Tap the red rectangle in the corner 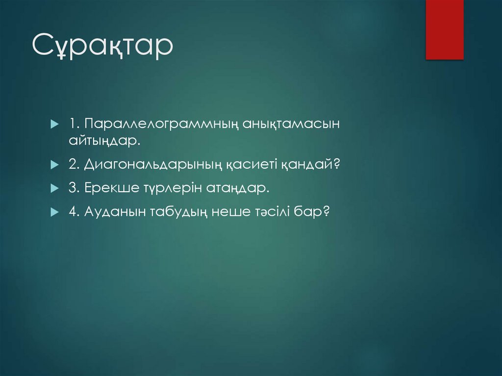pos(444,29)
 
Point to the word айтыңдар pos(104,141)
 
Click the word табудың pos(174,212)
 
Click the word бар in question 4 pos(312,212)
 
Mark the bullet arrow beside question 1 pos(54,124)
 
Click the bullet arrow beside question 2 pos(54,165)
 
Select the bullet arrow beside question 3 pos(54,188)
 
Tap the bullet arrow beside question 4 pos(54,212)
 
